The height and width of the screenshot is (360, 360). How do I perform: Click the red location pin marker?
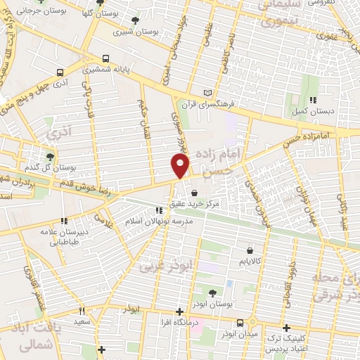coord(181,166)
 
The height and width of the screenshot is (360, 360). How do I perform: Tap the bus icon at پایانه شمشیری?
coord(106,59)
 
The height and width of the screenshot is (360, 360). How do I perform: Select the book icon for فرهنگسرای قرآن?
coord(206,92)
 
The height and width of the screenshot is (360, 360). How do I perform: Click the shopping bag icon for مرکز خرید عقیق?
coord(193,193)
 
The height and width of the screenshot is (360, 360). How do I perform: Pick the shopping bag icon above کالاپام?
coord(250,249)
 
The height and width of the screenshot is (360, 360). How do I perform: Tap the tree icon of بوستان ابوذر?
coord(212,292)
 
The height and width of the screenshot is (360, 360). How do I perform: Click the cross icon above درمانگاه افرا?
coord(180,311)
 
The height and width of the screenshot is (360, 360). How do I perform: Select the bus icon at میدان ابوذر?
coord(241,323)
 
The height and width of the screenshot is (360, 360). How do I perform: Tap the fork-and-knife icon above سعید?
coord(82,311)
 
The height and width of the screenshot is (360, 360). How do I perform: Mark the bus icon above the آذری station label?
coord(59,72)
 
